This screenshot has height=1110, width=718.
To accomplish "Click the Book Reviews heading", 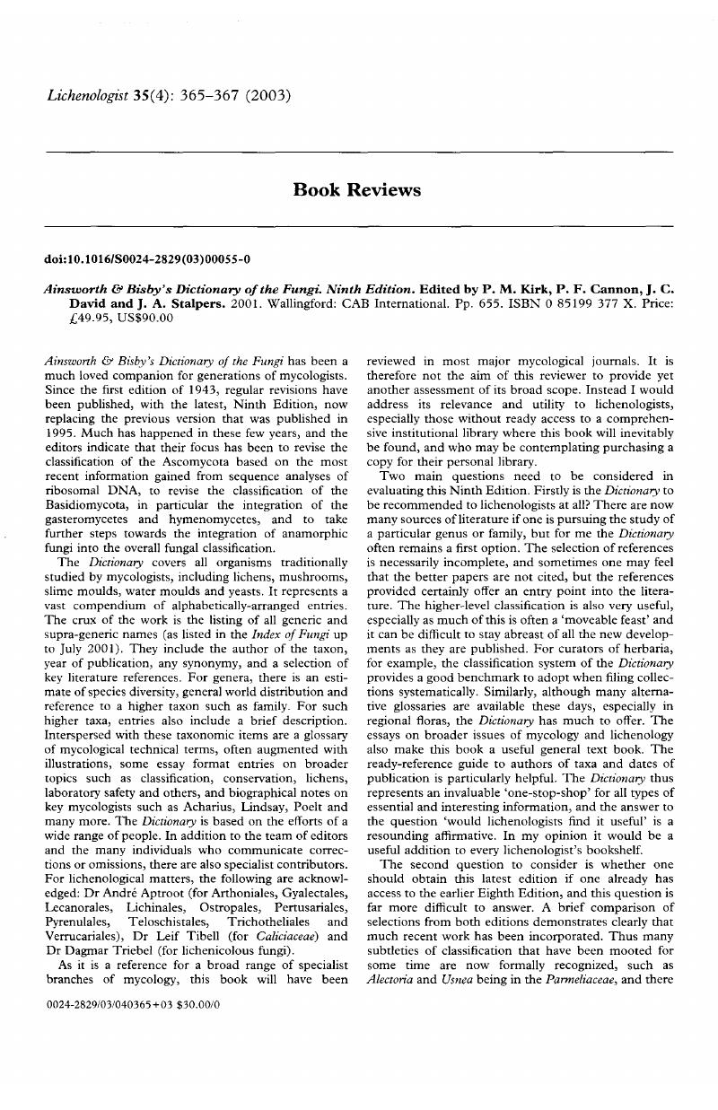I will pos(357,189).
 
